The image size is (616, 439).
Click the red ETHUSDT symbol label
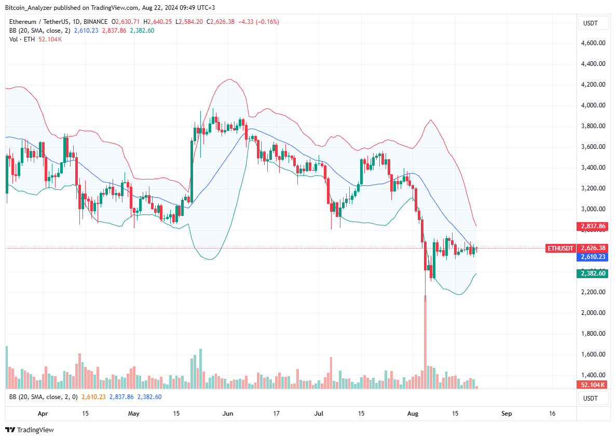560,249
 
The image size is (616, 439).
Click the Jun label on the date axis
227,414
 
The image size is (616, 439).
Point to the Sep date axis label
507,414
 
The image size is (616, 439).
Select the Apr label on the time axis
43,414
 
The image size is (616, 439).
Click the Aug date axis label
413,414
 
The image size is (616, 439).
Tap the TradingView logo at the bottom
30,430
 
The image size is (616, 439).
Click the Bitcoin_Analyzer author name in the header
31,8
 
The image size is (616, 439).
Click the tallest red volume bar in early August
425,342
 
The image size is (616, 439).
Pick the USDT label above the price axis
591,23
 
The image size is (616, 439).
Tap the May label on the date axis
134,414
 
